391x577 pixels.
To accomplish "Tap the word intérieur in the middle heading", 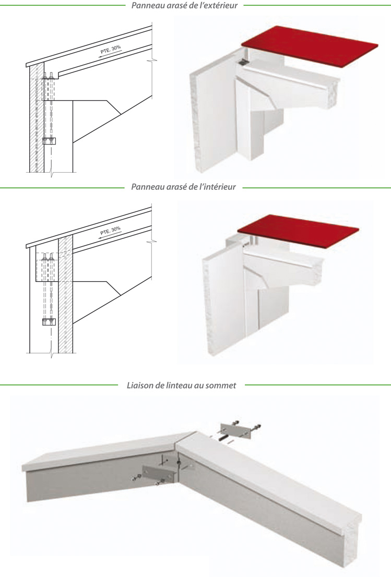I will point(219,186).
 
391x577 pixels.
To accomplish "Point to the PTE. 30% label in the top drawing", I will point(110,50).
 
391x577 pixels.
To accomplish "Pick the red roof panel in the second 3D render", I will point(298,230).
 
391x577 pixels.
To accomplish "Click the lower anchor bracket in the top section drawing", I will point(49,140).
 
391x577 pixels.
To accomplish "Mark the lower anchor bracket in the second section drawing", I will point(49,321).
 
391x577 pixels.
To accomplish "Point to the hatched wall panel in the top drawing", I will point(35,120).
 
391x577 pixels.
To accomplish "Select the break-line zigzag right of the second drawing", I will point(151,243).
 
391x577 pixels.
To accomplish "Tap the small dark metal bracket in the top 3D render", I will point(241,62).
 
